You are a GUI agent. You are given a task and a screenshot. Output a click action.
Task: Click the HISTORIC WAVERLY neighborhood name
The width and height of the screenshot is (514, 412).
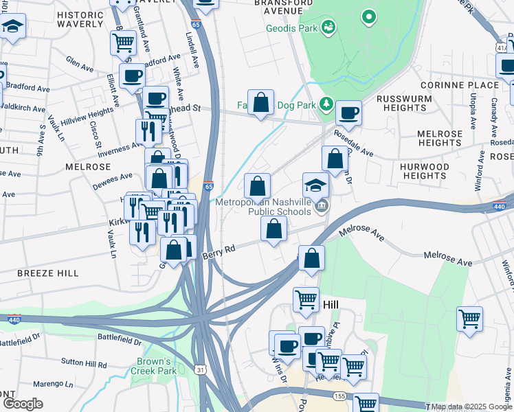(81, 20)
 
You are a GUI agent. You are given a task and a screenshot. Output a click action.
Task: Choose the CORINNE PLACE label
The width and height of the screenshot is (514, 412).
(465, 85)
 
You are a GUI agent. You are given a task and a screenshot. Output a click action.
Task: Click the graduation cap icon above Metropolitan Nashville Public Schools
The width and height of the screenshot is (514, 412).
(315, 185)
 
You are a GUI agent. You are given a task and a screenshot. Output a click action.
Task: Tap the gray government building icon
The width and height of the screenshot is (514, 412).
(322, 205)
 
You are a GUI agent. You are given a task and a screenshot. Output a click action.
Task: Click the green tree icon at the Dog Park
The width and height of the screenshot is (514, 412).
(327, 104)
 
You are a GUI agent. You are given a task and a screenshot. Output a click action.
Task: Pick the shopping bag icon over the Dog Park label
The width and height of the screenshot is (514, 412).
(261, 103)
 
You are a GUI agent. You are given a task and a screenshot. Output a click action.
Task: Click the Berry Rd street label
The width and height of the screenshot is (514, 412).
(219, 253)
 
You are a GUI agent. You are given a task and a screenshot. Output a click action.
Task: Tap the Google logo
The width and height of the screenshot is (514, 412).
(23, 403)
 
